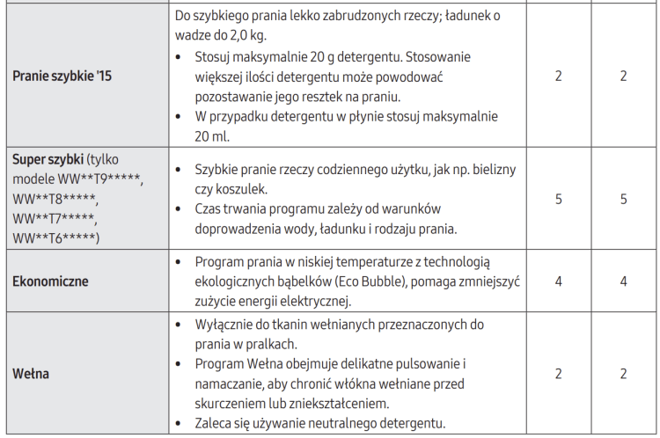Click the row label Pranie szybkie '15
tap(62, 76)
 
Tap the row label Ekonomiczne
tap(50, 281)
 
